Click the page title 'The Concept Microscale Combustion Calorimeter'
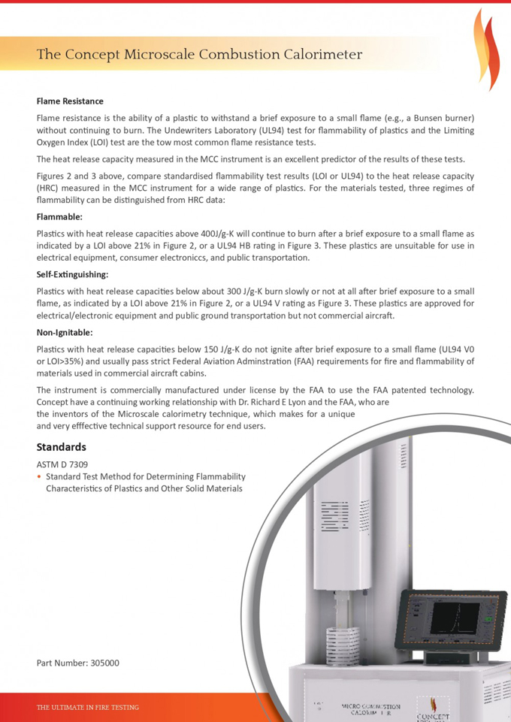(200, 54)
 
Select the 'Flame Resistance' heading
(70, 101)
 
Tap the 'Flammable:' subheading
(59, 216)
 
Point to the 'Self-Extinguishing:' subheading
(73, 274)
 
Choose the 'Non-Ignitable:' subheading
(65, 332)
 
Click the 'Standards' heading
(62, 447)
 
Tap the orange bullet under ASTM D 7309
(39, 476)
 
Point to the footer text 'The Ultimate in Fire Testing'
(88, 707)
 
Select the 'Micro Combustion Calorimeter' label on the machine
(370, 710)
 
